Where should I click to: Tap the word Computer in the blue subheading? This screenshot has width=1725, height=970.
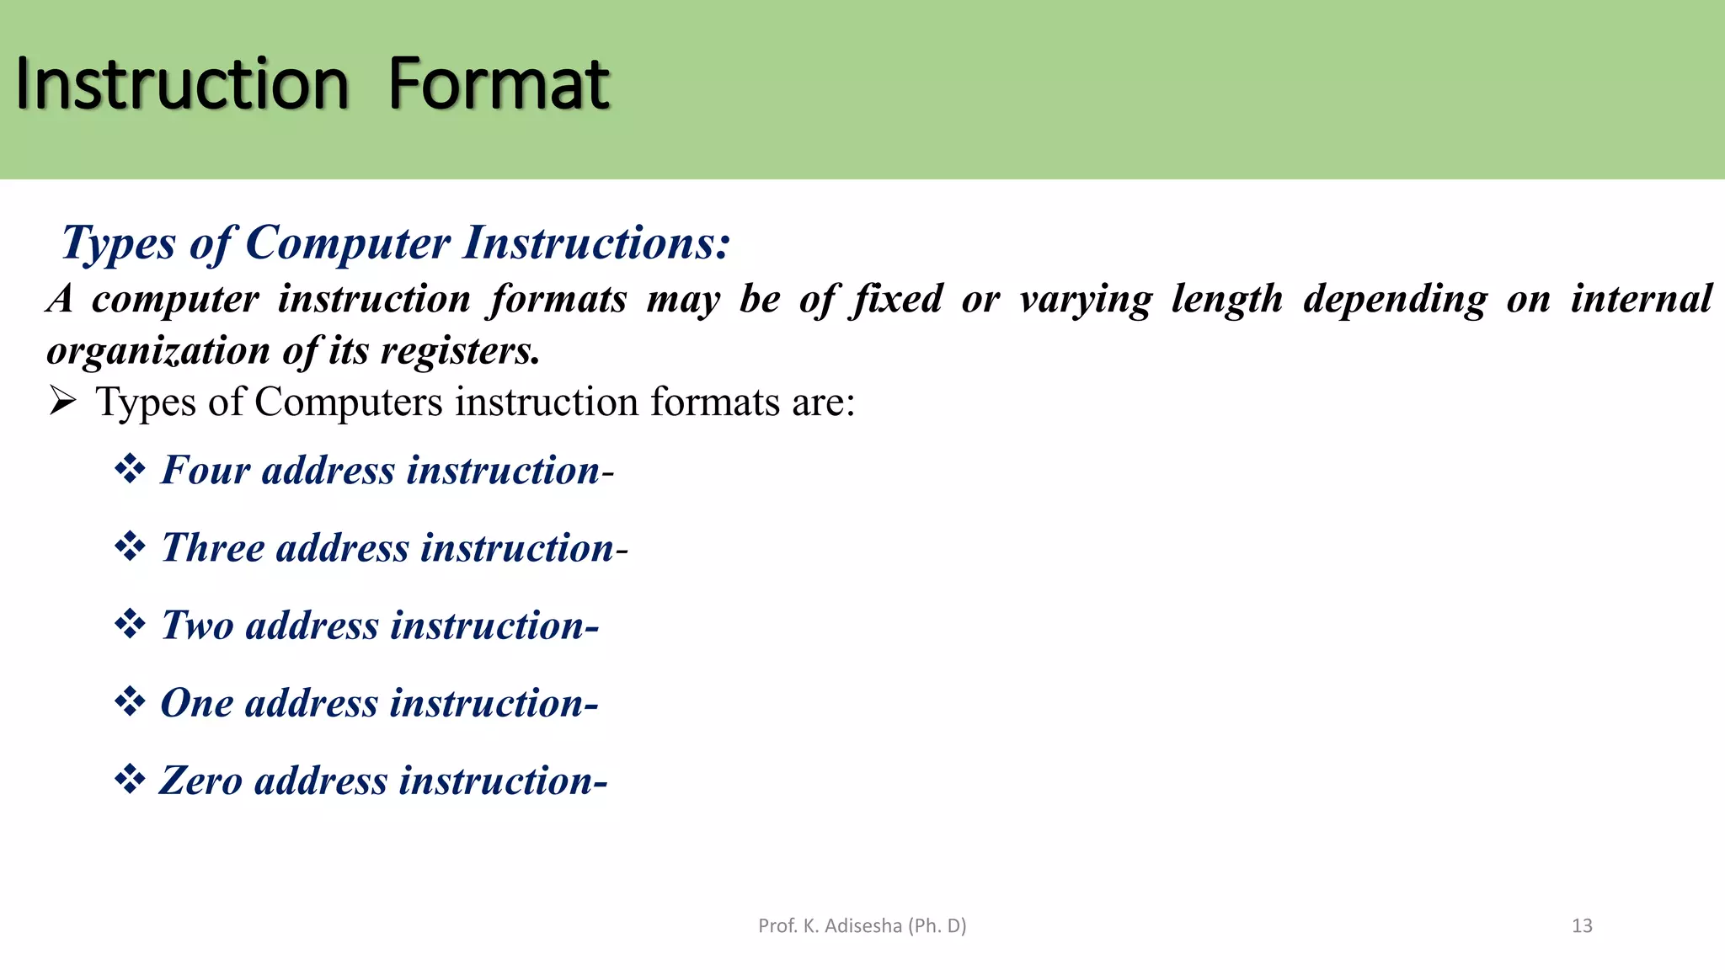tap(347, 242)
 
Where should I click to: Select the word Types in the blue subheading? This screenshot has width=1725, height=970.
tap(119, 244)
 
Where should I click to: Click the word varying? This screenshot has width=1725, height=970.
tap(1086, 300)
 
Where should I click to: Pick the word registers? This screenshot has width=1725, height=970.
tap(460, 350)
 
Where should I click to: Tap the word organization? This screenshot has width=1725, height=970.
tap(158, 350)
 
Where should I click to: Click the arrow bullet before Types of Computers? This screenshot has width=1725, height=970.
tap(62, 401)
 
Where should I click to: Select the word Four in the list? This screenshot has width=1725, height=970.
tap(206, 470)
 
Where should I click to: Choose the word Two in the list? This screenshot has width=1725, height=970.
tap(197, 626)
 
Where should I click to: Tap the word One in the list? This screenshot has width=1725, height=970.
tap(196, 703)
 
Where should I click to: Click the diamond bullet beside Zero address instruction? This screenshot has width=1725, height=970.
tap(130, 779)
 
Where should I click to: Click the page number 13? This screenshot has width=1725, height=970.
tap(1582, 926)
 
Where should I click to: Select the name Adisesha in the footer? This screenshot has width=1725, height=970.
tap(863, 926)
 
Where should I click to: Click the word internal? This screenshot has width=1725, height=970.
tap(1641, 298)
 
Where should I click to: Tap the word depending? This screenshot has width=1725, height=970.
tap(1396, 300)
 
